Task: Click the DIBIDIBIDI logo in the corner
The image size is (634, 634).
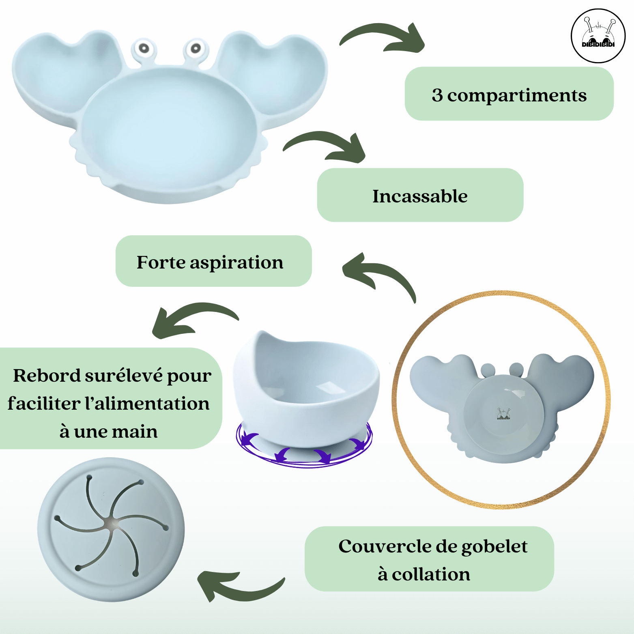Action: click(598, 36)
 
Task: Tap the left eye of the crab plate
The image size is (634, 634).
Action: click(143, 49)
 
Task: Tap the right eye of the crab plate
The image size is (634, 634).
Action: click(196, 49)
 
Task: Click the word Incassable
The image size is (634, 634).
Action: click(420, 196)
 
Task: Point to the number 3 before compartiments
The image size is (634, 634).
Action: click(437, 95)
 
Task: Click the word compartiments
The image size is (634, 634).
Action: click(517, 96)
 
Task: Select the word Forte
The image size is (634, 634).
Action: click(161, 262)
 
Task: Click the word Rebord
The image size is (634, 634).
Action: click(47, 376)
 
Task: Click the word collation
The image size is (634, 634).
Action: click(431, 574)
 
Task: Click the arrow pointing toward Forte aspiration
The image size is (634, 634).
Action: click(379, 274)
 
